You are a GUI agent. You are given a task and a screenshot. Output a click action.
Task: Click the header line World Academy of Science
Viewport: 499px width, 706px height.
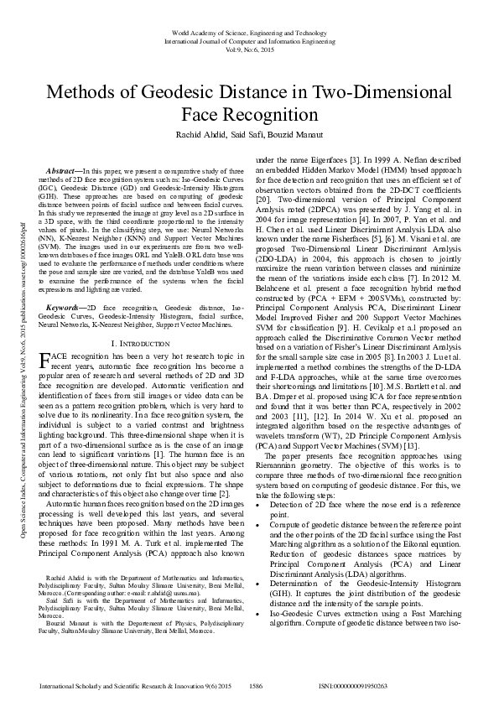coord(249,32)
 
